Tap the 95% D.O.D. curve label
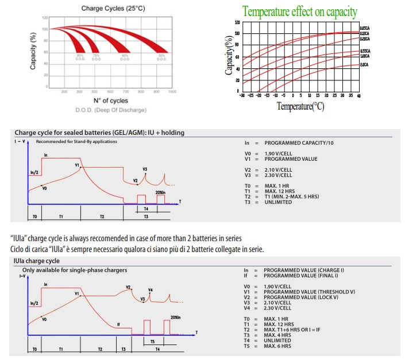pyautogui.click(x=80, y=57)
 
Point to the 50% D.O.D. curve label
pyautogui.click(x=161, y=57)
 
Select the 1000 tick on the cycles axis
pyautogui.click(x=172, y=91)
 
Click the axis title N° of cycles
pyautogui.click(x=110, y=100)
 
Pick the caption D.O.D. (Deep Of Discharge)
pyautogui.click(x=110, y=110)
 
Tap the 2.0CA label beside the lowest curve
pyautogui.click(x=364, y=65)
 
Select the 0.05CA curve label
pyautogui.click(x=364, y=28)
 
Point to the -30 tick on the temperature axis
pyautogui.click(x=242, y=95)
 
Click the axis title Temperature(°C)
pyautogui.click(x=300, y=106)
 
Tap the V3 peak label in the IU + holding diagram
pyautogui.click(x=145, y=169)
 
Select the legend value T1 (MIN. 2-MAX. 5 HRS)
pyautogui.click(x=298, y=197)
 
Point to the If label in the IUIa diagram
pyautogui.click(x=118, y=324)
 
